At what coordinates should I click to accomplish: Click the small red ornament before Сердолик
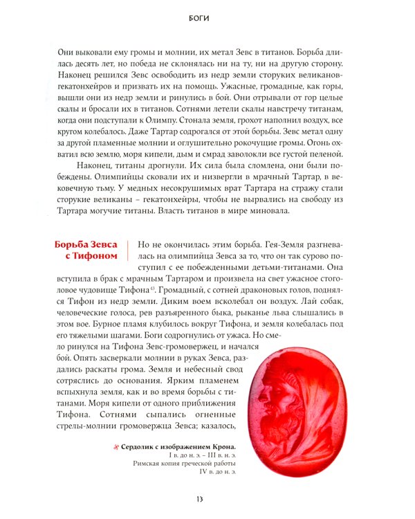(116, 446)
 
